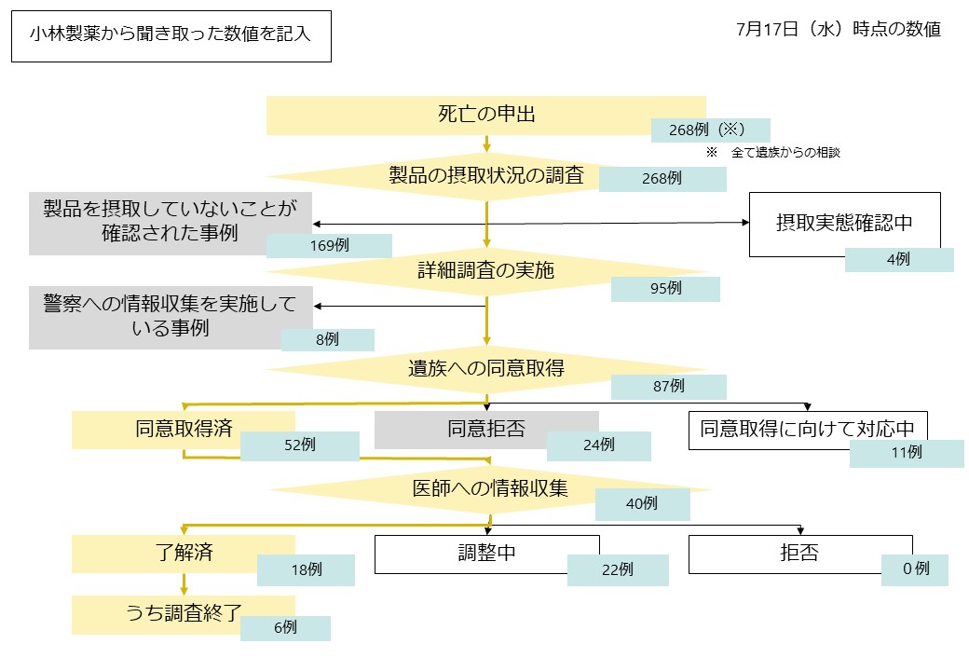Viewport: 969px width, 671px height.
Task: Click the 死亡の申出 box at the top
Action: (x=485, y=115)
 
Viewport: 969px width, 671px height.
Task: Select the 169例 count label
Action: (x=329, y=246)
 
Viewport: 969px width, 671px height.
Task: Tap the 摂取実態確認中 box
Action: (x=844, y=224)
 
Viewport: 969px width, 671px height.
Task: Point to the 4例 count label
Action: (x=898, y=260)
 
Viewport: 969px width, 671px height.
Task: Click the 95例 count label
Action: (x=665, y=289)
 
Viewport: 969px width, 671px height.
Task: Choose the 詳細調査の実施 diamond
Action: (x=485, y=271)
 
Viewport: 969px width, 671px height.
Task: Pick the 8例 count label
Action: (x=327, y=340)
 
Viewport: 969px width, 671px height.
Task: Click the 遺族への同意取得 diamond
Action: (x=485, y=367)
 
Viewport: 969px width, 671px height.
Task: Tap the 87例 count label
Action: (x=668, y=386)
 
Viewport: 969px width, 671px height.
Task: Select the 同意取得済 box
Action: (x=183, y=430)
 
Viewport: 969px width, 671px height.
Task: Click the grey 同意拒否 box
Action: (x=485, y=430)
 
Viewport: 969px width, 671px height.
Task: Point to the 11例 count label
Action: (x=906, y=453)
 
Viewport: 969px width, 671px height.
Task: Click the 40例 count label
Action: (x=642, y=504)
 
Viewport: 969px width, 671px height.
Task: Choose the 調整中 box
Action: (x=487, y=554)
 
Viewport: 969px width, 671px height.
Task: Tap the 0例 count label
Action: (x=915, y=569)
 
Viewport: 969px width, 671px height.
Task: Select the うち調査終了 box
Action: (x=184, y=613)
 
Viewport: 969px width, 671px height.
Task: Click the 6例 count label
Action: (x=284, y=628)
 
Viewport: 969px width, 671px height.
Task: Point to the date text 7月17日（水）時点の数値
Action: (x=838, y=29)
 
